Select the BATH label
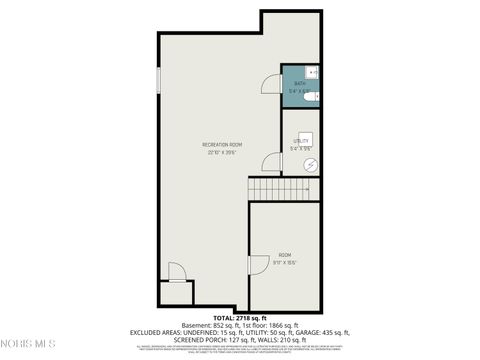pos(299,83)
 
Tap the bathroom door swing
pos(272,84)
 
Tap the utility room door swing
pos(272,163)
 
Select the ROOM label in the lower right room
pos(285,255)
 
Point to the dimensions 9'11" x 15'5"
pos(285,262)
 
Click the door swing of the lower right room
pos(257,265)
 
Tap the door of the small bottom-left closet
pos(175,272)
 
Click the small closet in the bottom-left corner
pos(176,293)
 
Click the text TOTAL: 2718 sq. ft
pos(240,318)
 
